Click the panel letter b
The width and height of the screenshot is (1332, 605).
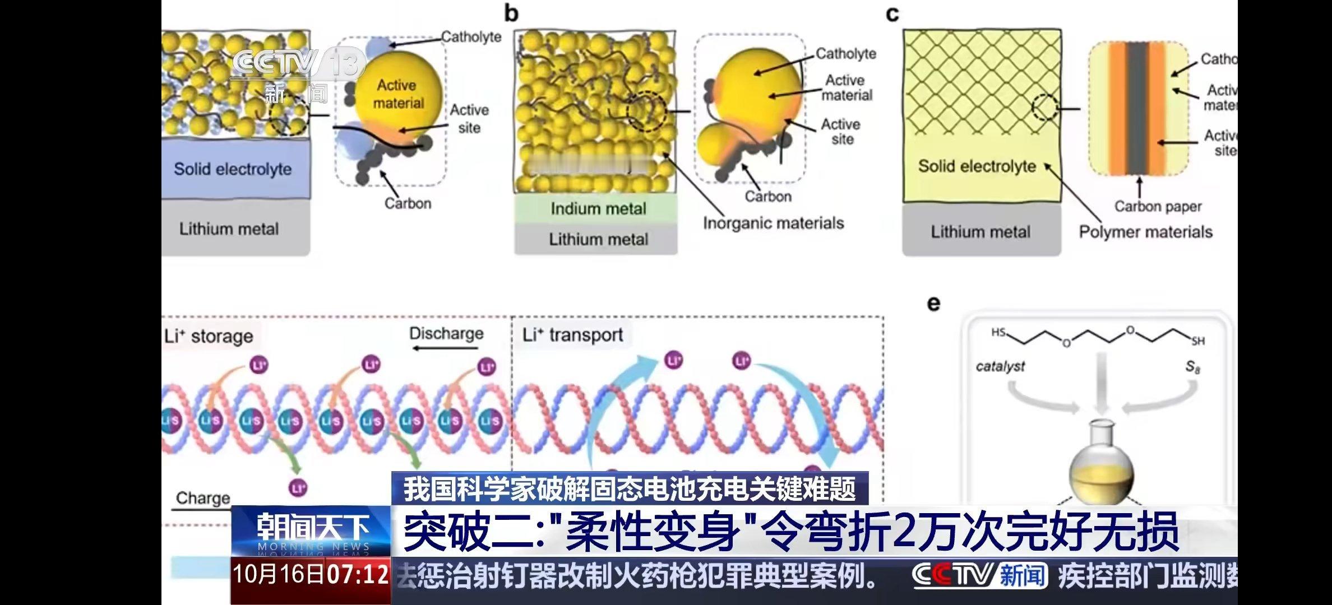[x=511, y=13]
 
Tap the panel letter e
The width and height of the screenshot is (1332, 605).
[x=933, y=304]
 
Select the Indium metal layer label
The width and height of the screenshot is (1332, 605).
[x=598, y=209]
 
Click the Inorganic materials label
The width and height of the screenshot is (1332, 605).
[x=773, y=224]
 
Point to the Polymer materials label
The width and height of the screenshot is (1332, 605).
[x=1145, y=232]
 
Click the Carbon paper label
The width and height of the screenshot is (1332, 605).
[x=1158, y=207]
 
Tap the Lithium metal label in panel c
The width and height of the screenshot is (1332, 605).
[x=980, y=232]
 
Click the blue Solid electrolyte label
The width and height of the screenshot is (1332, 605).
[x=233, y=169]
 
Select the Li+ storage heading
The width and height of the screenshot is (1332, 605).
[x=209, y=336]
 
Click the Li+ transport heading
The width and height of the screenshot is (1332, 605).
[x=572, y=335]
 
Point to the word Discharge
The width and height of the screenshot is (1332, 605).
[x=446, y=333]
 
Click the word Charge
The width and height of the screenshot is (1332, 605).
[x=203, y=498]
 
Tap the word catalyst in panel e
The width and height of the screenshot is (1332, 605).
[x=1000, y=366]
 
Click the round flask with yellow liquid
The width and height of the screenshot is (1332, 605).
[x=1101, y=468]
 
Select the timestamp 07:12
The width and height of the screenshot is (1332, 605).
[x=358, y=575]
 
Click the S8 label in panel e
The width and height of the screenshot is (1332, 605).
[x=1192, y=367]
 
